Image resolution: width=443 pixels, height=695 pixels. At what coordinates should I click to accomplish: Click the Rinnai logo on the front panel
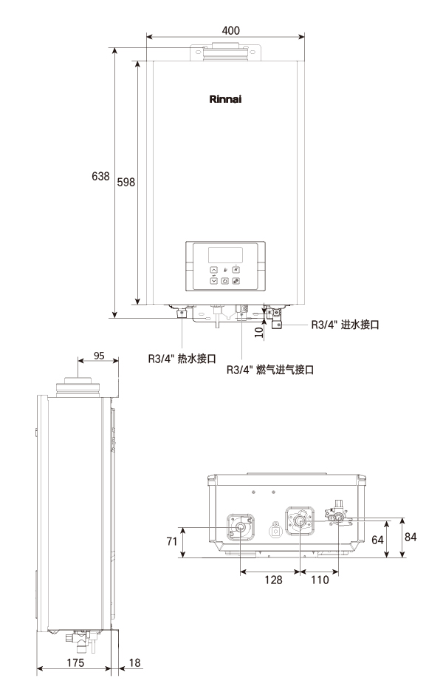click(x=225, y=99)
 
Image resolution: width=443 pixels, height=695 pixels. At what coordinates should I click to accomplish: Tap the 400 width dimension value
click(x=230, y=30)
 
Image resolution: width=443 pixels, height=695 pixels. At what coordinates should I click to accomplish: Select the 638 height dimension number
click(x=100, y=177)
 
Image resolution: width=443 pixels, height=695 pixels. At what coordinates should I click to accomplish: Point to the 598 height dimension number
click(x=126, y=182)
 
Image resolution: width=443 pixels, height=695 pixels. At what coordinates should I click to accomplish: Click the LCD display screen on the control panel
click(x=225, y=254)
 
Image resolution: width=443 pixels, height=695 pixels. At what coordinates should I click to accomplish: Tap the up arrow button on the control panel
click(x=214, y=269)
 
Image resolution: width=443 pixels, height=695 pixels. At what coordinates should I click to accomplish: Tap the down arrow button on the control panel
click(x=214, y=280)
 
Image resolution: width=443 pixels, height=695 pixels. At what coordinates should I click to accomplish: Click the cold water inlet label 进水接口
click(x=360, y=325)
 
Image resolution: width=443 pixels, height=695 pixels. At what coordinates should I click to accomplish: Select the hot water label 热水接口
click(x=196, y=359)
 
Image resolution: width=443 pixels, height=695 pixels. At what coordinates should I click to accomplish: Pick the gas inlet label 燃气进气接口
click(x=285, y=370)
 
